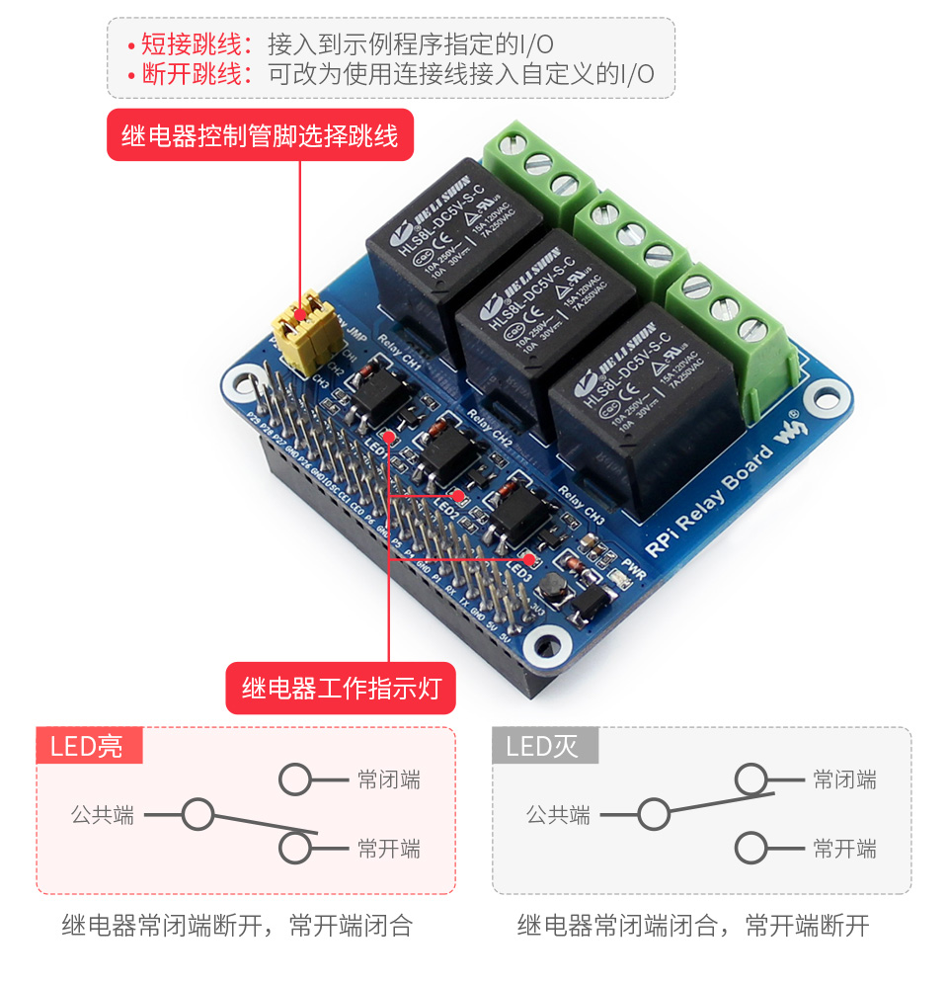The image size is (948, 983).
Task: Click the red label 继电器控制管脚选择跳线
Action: [260, 135]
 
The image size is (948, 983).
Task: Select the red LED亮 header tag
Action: [89, 746]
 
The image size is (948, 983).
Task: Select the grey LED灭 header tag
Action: [544, 746]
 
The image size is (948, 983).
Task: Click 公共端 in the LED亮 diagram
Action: [102, 816]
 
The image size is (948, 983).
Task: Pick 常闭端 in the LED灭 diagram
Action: [844, 780]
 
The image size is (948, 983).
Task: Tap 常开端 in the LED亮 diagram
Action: [388, 849]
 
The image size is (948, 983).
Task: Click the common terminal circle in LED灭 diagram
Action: [654, 815]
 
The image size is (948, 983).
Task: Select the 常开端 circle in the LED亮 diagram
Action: [296, 848]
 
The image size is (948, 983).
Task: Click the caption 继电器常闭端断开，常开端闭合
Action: [237, 926]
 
